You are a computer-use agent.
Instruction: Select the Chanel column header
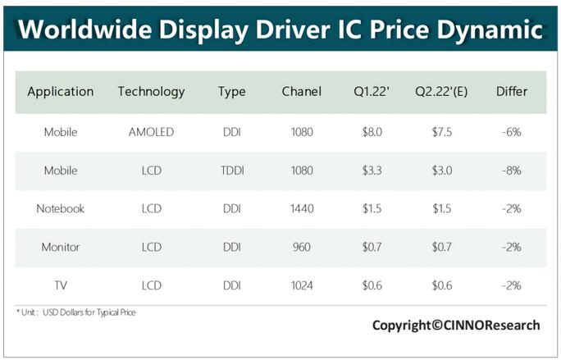[x=301, y=92]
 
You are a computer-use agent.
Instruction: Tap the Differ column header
[x=512, y=92]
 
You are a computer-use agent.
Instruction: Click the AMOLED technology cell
[x=151, y=132]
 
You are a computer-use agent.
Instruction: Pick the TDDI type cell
[x=232, y=171]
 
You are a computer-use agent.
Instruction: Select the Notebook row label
[x=60, y=208]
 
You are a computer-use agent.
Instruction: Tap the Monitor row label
[x=60, y=247]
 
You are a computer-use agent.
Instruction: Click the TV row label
[x=60, y=285]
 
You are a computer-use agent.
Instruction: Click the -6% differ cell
[x=512, y=132]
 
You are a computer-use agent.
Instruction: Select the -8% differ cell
[x=512, y=171]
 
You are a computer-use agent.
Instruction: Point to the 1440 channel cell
[x=301, y=208]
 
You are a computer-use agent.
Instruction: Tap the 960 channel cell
[x=301, y=247]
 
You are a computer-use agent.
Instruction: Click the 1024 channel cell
[x=301, y=285]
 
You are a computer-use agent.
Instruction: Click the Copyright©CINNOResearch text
[x=456, y=326]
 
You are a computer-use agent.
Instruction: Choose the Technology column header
[x=151, y=92]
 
